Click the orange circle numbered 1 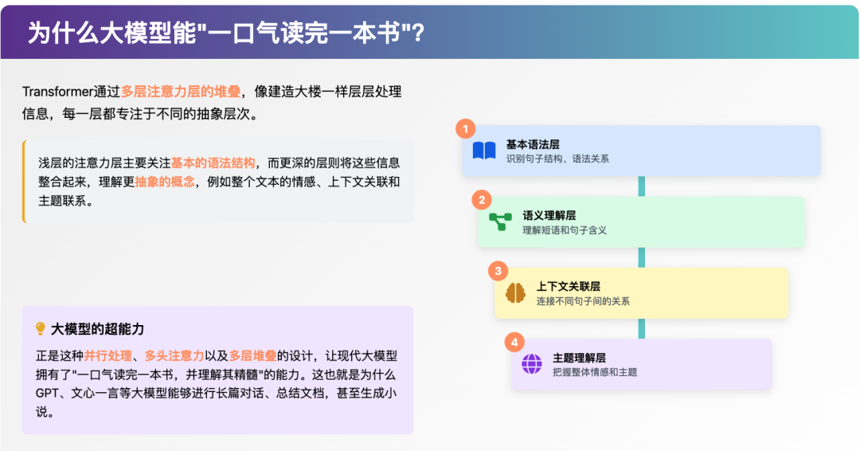466,129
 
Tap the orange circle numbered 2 482,200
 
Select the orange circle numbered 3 498,270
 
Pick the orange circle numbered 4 514,343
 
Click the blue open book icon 484,151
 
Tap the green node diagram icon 500,221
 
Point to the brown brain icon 515,293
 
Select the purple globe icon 531,364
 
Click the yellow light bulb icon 40,328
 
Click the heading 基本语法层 533,144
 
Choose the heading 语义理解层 549,215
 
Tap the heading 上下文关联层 569,286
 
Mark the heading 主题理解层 579,358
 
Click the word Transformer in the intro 57,92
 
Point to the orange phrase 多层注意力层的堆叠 181,92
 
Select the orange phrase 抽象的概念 165,182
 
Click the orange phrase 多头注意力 174,355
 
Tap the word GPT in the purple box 47,394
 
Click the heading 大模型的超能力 98,329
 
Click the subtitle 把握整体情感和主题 595,373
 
